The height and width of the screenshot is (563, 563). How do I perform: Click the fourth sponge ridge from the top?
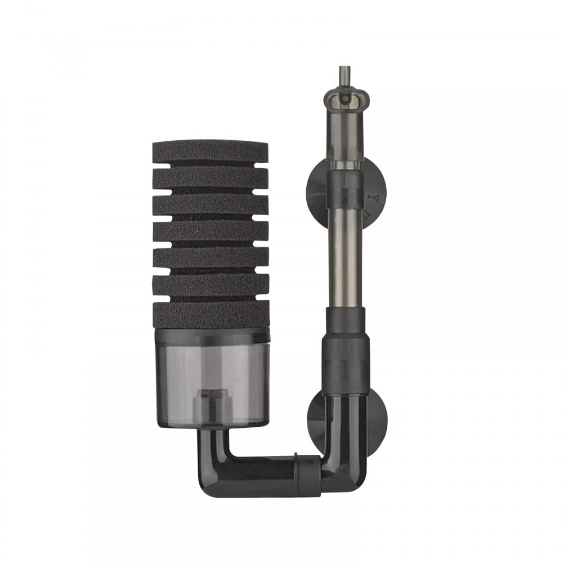tap(210, 231)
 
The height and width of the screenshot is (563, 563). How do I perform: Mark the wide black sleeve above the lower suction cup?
tap(345, 360)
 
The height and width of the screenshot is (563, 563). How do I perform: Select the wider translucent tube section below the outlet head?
tap(344, 135)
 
